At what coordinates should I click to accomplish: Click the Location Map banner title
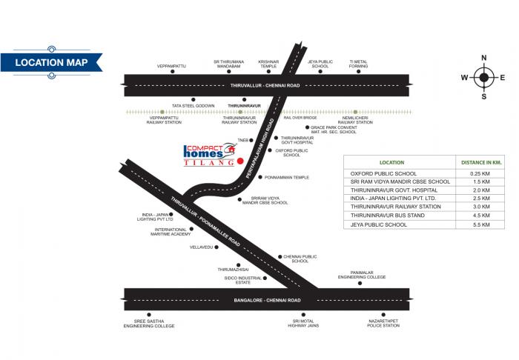click(51, 62)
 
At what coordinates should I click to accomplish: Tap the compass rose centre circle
click(483, 77)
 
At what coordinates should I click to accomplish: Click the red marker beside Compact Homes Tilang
click(240, 161)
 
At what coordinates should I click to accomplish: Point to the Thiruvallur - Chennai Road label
click(265, 85)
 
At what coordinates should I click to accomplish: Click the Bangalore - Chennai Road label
click(267, 300)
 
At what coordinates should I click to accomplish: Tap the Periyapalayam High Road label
click(260, 148)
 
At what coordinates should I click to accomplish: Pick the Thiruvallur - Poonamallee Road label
click(205, 221)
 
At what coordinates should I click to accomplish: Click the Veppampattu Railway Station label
click(164, 120)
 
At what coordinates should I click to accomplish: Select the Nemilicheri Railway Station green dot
click(355, 112)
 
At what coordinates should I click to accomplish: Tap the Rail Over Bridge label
click(300, 118)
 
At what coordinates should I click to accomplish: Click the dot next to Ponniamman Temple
click(260, 177)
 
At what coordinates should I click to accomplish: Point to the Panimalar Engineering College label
click(362, 275)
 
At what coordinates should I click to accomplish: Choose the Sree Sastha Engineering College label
click(149, 323)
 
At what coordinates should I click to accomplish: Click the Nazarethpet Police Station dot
click(383, 315)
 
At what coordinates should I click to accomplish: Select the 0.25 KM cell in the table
click(480, 173)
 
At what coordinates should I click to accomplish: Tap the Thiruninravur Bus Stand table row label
click(388, 216)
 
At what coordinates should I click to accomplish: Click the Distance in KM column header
click(481, 162)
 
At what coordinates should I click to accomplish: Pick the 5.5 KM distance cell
click(480, 224)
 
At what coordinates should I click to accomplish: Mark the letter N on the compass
click(484, 58)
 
